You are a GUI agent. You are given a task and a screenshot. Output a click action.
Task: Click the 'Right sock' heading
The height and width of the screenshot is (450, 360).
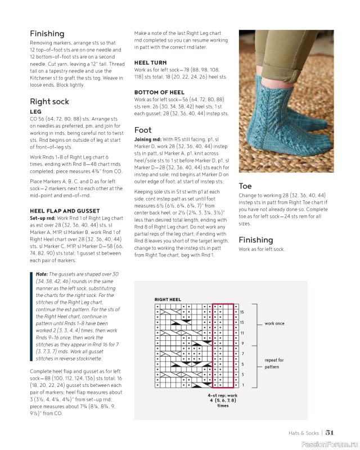[49, 102]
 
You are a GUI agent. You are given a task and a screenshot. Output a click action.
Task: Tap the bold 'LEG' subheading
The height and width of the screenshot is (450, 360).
[35, 112]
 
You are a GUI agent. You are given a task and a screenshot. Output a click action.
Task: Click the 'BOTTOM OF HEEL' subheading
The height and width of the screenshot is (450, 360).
[160, 92]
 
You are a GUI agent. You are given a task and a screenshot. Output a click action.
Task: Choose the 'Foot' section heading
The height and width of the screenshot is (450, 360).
[143, 129]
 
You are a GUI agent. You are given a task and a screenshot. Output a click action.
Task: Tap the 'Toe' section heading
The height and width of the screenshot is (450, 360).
[245, 186]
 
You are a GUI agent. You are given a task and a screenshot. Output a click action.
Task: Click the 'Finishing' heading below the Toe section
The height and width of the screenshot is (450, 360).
[256, 240]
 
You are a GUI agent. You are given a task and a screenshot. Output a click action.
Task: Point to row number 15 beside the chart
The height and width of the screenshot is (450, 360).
[241, 312]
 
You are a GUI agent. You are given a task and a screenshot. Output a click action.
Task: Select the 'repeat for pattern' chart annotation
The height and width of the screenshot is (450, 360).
[275, 363]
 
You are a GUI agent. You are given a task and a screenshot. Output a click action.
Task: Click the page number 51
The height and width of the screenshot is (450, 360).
[330, 432]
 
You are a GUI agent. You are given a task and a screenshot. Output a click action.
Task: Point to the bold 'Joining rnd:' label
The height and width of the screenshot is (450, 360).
[149, 139]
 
